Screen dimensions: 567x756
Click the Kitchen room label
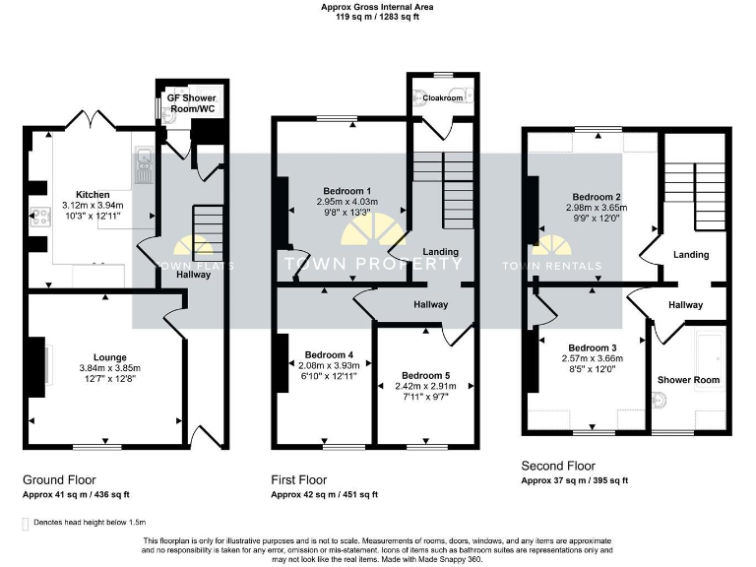[x=94, y=194]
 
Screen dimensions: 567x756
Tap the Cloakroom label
[x=443, y=98]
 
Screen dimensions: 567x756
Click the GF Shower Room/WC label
[x=191, y=103]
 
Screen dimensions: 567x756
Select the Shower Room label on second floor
[x=688, y=379]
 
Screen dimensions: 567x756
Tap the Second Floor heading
[x=558, y=466]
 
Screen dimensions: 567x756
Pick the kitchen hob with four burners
[x=40, y=217]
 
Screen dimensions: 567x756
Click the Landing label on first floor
[x=441, y=252]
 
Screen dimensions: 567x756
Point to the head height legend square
[x=25, y=523]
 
